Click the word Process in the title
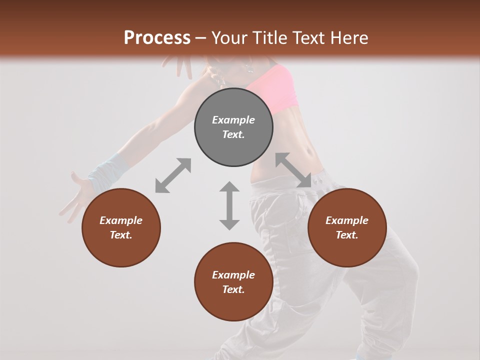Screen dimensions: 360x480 (157, 37)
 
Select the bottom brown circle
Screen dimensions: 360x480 (233, 305)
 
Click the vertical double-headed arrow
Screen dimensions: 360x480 (229, 205)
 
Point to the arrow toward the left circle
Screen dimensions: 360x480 (173, 175)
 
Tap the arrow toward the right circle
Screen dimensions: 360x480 (293, 170)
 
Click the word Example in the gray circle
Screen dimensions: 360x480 (233, 120)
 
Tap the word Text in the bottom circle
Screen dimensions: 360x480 (233, 289)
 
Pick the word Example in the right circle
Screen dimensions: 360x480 (347, 220)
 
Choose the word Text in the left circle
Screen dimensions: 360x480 (121, 235)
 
